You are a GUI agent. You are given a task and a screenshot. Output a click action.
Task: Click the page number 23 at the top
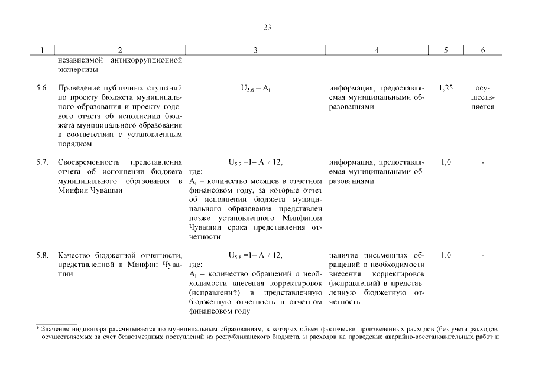tap(267, 27)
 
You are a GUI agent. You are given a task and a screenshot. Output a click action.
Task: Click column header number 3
tap(255, 51)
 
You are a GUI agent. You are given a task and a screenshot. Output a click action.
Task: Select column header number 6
tap(483, 51)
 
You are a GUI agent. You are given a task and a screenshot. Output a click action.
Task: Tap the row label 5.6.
tap(41, 88)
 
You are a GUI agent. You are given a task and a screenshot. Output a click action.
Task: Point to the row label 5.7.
tap(41, 162)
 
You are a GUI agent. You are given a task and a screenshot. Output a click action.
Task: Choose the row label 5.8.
tap(41, 255)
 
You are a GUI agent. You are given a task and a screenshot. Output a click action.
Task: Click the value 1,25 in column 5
tap(446, 88)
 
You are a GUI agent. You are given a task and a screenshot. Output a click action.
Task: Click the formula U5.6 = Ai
tap(255, 89)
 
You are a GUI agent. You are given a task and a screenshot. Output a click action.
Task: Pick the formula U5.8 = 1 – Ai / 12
tap(255, 256)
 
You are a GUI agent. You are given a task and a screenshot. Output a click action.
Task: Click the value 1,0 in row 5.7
tap(446, 162)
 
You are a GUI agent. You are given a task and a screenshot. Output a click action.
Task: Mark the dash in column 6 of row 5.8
tap(483, 255)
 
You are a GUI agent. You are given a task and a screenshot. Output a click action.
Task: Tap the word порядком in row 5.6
tap(75, 144)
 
